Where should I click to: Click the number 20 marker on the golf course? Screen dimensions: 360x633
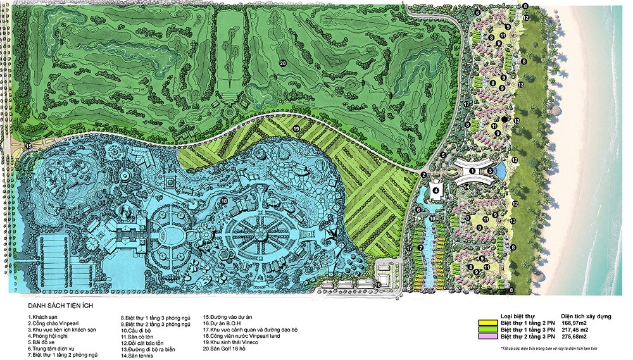[283, 62]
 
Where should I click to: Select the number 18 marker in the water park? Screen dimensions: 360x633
[223, 201]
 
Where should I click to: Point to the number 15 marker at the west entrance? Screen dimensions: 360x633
[28, 146]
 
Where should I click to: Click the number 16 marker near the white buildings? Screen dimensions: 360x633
[378, 285]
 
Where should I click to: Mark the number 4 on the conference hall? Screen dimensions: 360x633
[436, 189]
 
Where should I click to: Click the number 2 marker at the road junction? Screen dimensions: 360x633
[423, 175]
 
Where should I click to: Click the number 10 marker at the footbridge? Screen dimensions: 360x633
[432, 219]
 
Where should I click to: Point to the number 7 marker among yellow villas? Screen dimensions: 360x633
[420, 246]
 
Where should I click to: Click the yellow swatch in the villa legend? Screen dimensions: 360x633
[487, 322]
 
